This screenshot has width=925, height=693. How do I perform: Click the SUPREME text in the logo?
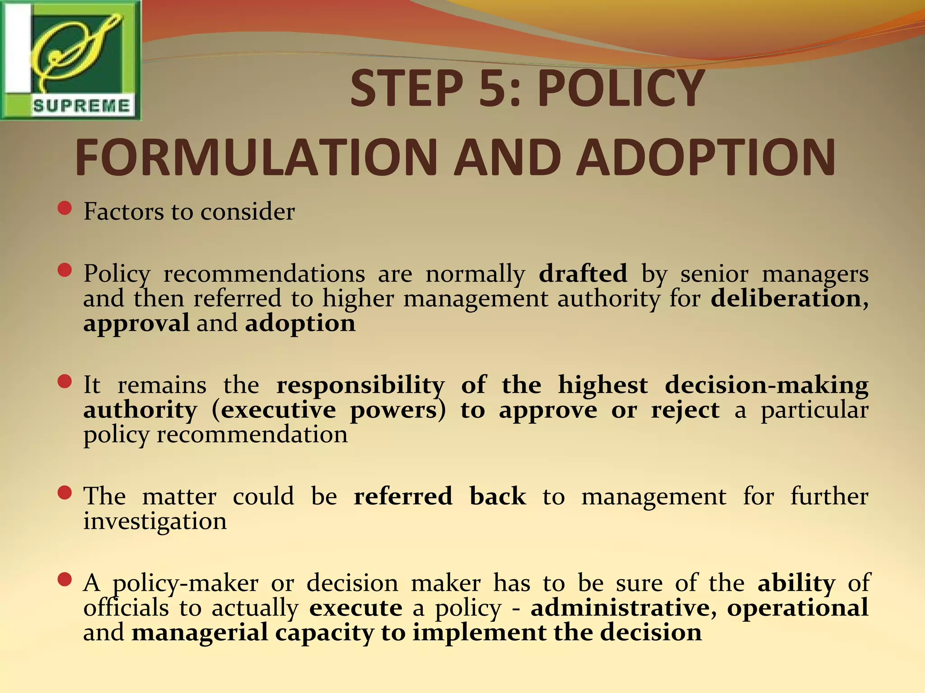coord(81,106)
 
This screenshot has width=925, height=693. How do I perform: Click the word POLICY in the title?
coord(621,88)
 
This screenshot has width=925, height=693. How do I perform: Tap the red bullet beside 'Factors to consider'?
coord(65,208)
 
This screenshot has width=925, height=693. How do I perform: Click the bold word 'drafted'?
coord(583,273)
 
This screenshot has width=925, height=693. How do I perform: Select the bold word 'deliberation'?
coord(786,299)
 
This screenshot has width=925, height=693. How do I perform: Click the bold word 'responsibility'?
coord(360,385)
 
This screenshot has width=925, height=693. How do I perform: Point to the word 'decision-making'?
coord(766,385)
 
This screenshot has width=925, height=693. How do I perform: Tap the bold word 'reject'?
coord(685,410)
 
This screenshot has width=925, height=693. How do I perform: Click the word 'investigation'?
coord(155,522)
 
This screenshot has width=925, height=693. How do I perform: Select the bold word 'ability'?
coord(796,583)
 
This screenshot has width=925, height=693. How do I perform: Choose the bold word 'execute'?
coord(356,608)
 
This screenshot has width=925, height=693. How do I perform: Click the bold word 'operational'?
coord(797,608)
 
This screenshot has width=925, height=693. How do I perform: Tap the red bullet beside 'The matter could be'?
coord(65,493)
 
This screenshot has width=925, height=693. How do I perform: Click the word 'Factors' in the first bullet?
coord(123,211)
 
